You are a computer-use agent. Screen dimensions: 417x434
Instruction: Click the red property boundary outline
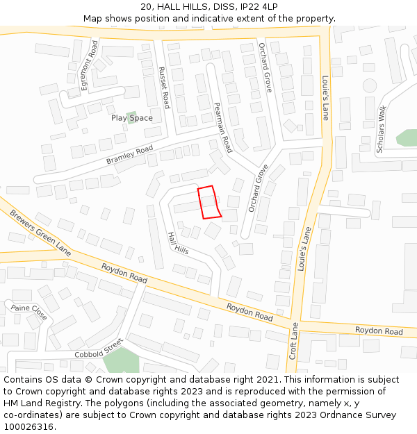point(209,203)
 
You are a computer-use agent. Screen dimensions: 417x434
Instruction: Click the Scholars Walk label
point(381,129)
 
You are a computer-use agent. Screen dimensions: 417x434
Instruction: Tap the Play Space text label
point(131,118)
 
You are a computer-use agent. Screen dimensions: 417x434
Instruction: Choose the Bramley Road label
point(130,156)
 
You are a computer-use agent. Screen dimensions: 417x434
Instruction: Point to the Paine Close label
point(29,312)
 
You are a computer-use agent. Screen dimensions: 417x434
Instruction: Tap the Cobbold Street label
point(98,349)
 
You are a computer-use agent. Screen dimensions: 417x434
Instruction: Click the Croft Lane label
point(293,341)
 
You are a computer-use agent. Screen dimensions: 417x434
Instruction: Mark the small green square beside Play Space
point(132,115)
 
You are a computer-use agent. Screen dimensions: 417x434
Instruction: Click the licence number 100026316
point(28,426)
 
